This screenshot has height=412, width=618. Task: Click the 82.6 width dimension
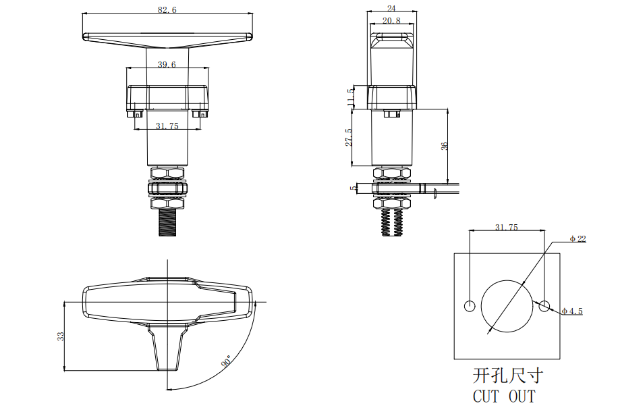(167, 9)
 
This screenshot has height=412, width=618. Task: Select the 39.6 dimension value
(167, 64)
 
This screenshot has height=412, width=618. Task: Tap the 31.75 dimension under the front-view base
(167, 126)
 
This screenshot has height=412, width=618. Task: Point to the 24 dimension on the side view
(391, 8)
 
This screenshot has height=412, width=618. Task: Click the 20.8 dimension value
(391, 20)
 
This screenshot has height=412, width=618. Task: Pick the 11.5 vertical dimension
(350, 97)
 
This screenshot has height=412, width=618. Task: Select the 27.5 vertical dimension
(349, 137)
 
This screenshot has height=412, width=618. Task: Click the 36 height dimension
(444, 146)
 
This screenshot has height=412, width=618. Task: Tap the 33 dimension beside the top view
(60, 336)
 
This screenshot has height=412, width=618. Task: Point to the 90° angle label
(226, 361)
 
